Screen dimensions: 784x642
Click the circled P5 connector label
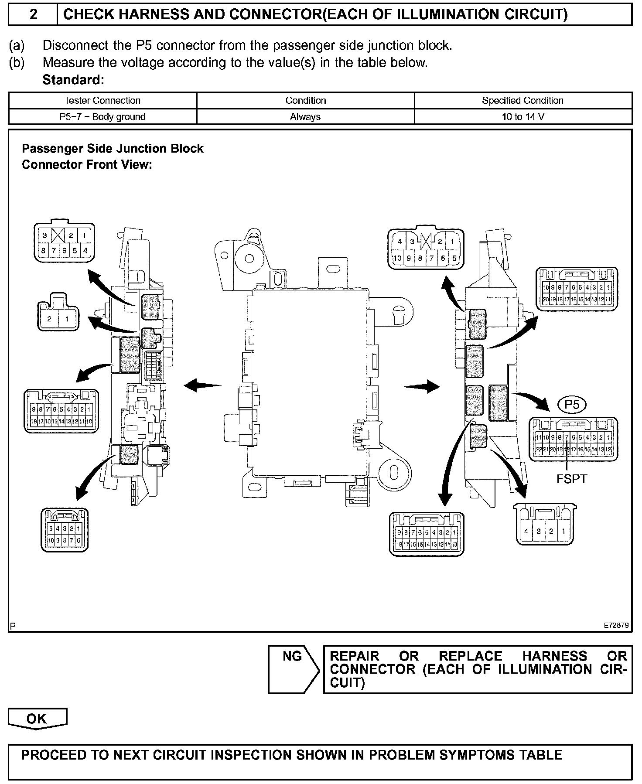[x=572, y=405]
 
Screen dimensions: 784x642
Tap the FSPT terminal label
[x=571, y=479]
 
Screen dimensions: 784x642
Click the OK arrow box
[x=38, y=719]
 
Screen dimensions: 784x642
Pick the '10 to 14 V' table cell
[x=523, y=117]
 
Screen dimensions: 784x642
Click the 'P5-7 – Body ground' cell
[x=102, y=117]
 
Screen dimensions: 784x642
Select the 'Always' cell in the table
[x=305, y=117]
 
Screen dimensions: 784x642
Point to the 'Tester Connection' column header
[x=102, y=101]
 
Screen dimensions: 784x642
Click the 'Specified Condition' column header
[x=522, y=101]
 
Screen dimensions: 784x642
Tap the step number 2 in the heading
[x=33, y=15]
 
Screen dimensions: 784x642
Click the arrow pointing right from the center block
[x=421, y=386]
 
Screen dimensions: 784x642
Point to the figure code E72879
[x=616, y=625]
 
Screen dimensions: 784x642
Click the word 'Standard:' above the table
[x=73, y=80]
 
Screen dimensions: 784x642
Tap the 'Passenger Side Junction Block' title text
[x=113, y=149]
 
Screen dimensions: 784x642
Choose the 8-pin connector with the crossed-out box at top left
[x=65, y=243]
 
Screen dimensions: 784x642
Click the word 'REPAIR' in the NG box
[x=355, y=656]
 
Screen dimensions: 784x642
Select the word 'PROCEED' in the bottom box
[x=48, y=755]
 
